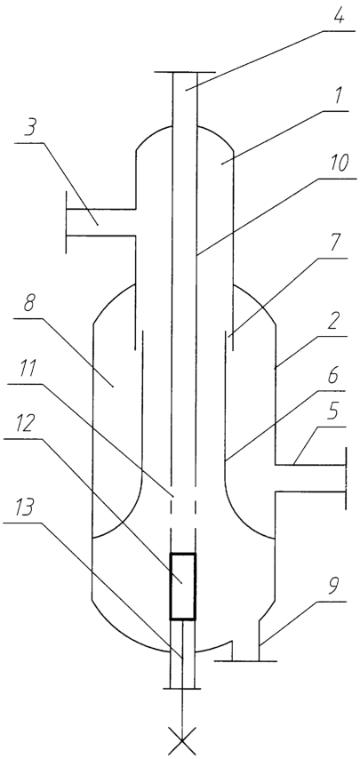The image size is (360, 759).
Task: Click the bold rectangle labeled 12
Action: click(x=182, y=587)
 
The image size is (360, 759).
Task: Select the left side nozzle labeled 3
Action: click(x=100, y=223)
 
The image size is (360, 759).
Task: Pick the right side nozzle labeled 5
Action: click(x=310, y=478)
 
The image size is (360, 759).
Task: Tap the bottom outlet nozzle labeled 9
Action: click(x=245, y=641)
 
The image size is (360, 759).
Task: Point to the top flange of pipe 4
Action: click(x=184, y=73)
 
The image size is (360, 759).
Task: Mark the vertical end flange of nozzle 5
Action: click(x=346, y=478)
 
